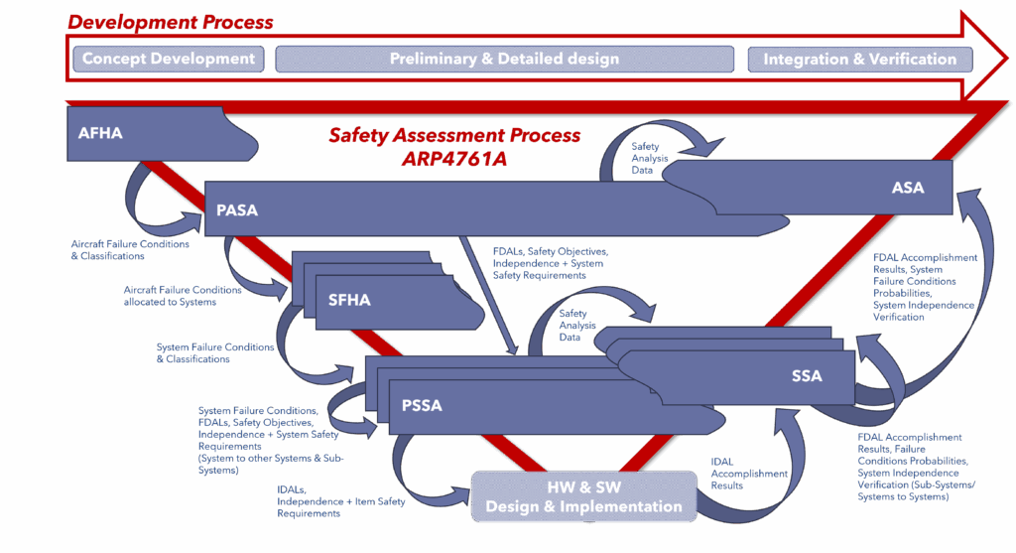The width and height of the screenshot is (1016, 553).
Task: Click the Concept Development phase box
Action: click(169, 59)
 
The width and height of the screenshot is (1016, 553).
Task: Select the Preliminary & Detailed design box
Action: click(504, 59)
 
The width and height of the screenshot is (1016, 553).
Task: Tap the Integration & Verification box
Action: click(859, 59)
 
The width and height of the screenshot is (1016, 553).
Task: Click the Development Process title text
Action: click(170, 22)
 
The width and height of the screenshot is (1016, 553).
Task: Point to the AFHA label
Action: click(100, 132)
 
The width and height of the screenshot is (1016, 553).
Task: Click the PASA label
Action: click(237, 209)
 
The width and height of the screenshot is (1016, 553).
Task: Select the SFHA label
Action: click(349, 300)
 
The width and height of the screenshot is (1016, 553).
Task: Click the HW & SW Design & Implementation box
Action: click(583, 497)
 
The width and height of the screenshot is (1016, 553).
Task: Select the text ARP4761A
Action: click(454, 158)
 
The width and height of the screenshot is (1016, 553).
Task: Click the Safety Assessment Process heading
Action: click(454, 136)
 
